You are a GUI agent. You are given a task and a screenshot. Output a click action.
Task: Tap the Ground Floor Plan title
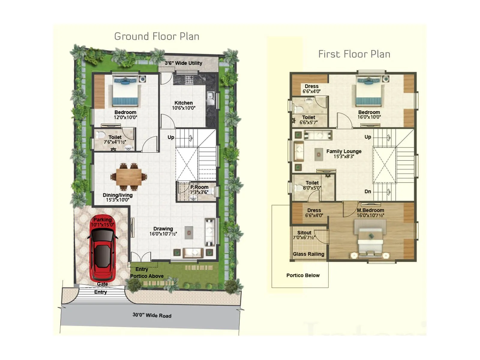tap(157, 37)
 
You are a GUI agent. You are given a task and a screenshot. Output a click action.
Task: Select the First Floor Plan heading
tap(354, 54)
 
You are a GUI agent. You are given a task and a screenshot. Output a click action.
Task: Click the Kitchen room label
tap(184, 103)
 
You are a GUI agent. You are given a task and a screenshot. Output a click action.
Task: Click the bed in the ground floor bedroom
tap(125, 91)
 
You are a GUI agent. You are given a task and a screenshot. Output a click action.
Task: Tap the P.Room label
tap(199, 187)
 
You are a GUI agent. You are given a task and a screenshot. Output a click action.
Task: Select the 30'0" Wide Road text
tap(152, 315)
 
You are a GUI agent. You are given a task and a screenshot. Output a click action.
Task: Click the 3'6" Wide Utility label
tap(183, 63)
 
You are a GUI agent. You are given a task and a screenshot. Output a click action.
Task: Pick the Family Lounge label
tap(344, 151)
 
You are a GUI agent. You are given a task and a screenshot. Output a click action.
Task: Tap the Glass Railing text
tap(308, 254)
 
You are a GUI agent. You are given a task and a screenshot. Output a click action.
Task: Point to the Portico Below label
tap(303, 275)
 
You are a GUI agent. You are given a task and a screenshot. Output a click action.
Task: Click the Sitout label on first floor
tap(304, 233)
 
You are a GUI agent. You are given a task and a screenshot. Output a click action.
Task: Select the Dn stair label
tap(368, 191)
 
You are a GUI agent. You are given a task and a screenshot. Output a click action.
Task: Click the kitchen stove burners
tap(189, 79)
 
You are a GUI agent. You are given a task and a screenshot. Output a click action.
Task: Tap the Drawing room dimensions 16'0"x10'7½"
tap(163, 234)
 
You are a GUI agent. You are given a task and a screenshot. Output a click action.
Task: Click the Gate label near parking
tap(102, 284)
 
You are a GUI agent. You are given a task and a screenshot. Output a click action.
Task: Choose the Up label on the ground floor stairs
tap(171, 137)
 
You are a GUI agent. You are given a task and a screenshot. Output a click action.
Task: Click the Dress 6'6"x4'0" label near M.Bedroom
tap(314, 213)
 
